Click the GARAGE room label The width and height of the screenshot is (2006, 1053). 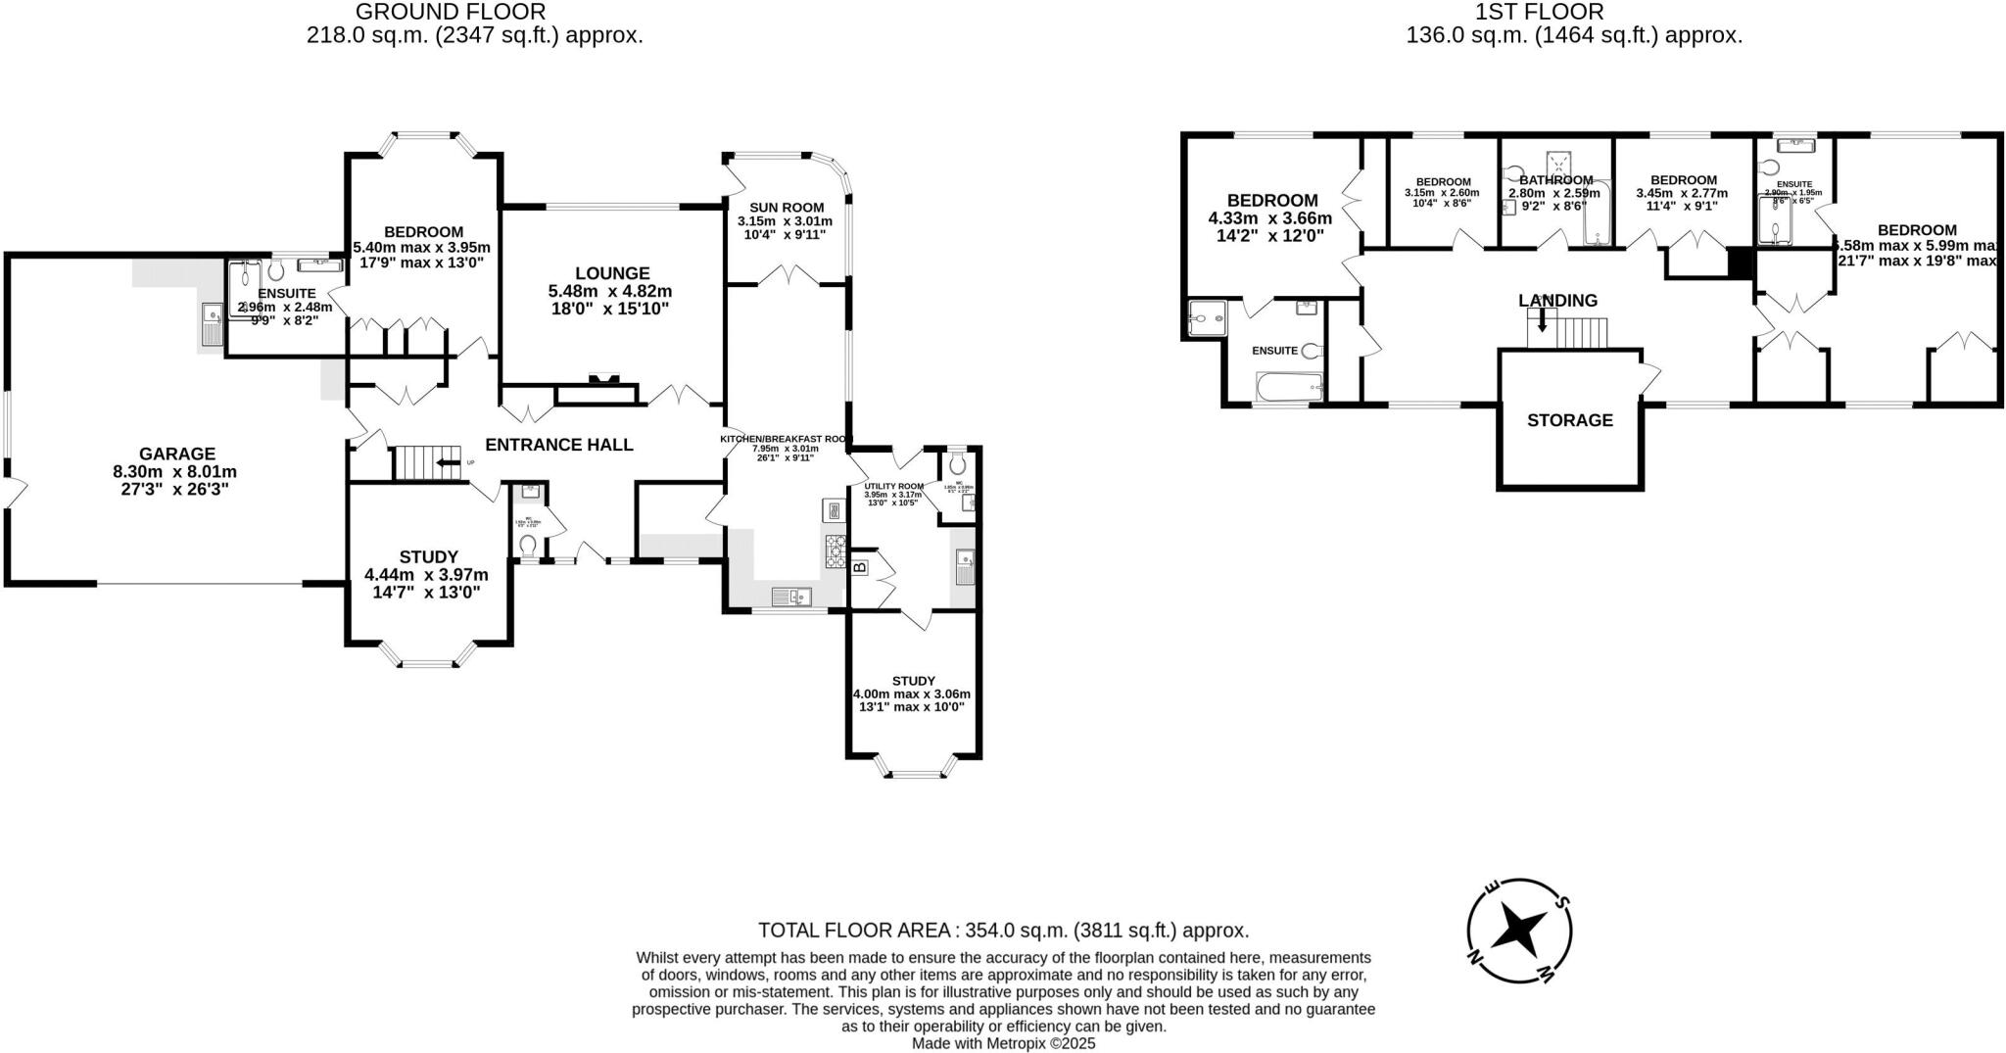176,454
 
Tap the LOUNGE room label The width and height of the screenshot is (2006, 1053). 612,273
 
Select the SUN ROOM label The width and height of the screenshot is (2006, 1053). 787,208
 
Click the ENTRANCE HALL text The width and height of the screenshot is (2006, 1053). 559,445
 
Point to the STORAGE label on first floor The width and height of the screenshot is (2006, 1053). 1570,420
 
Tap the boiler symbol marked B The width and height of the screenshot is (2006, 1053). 860,566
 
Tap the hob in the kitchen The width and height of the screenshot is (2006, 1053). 836,550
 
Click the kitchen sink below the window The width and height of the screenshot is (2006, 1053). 791,597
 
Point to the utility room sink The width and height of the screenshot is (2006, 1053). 965,567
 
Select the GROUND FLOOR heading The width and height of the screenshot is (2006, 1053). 450,12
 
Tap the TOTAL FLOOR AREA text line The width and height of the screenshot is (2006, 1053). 1003,930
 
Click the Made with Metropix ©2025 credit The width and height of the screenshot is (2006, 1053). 1003,1044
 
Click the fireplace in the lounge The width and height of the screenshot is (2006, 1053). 603,380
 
